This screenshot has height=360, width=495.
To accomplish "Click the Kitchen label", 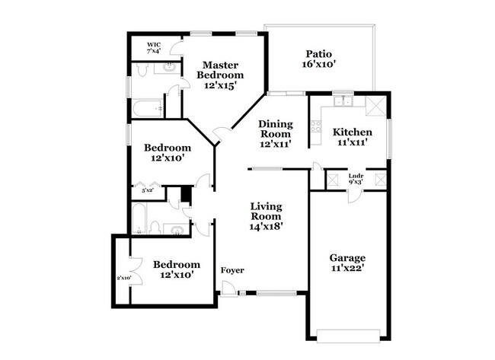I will (x=350, y=132).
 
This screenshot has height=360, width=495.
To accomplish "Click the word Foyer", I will (x=232, y=270).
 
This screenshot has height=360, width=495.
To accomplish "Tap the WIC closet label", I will (x=154, y=45).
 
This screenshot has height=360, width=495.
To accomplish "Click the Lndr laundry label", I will (x=356, y=177).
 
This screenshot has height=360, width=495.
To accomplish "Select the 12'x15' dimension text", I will (x=220, y=86).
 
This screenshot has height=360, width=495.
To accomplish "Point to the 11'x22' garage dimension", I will (x=347, y=269).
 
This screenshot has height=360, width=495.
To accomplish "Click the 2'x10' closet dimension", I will (x=123, y=278).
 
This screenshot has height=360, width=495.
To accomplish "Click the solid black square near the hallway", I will (x=184, y=195).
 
